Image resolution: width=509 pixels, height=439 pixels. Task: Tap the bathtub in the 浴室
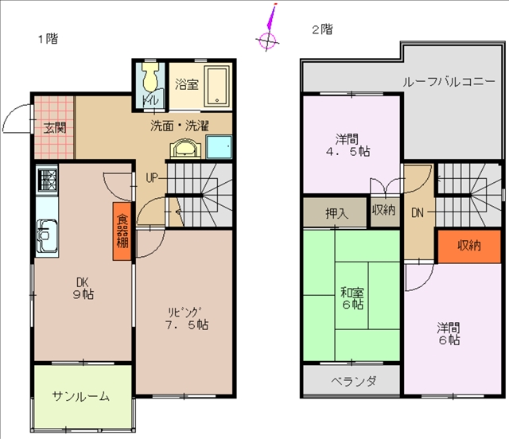(217, 86)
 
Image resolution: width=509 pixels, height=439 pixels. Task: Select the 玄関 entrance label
(55, 127)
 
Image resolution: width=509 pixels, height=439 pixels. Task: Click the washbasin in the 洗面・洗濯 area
(185, 149)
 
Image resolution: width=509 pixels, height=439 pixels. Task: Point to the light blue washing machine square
(220, 147)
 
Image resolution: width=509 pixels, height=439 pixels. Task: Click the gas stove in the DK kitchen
(48, 180)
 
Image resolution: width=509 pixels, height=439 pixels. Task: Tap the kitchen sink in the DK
(47, 235)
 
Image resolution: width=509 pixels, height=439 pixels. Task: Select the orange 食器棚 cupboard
(122, 231)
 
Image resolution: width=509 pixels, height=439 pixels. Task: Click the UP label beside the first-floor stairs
(152, 177)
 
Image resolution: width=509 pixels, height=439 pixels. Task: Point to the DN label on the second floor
(418, 212)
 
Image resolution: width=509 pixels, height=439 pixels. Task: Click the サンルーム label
(81, 396)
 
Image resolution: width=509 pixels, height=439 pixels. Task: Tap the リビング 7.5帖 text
(187, 318)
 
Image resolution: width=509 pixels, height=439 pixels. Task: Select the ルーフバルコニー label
(449, 82)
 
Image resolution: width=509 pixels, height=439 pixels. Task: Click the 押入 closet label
(336, 213)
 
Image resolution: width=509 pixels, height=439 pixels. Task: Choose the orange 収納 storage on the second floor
(469, 247)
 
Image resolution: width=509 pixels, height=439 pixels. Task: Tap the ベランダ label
(353, 381)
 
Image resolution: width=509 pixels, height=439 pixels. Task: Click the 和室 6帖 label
(352, 298)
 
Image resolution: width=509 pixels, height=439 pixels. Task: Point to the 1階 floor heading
(48, 39)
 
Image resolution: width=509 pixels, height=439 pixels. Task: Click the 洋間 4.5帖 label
(348, 146)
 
